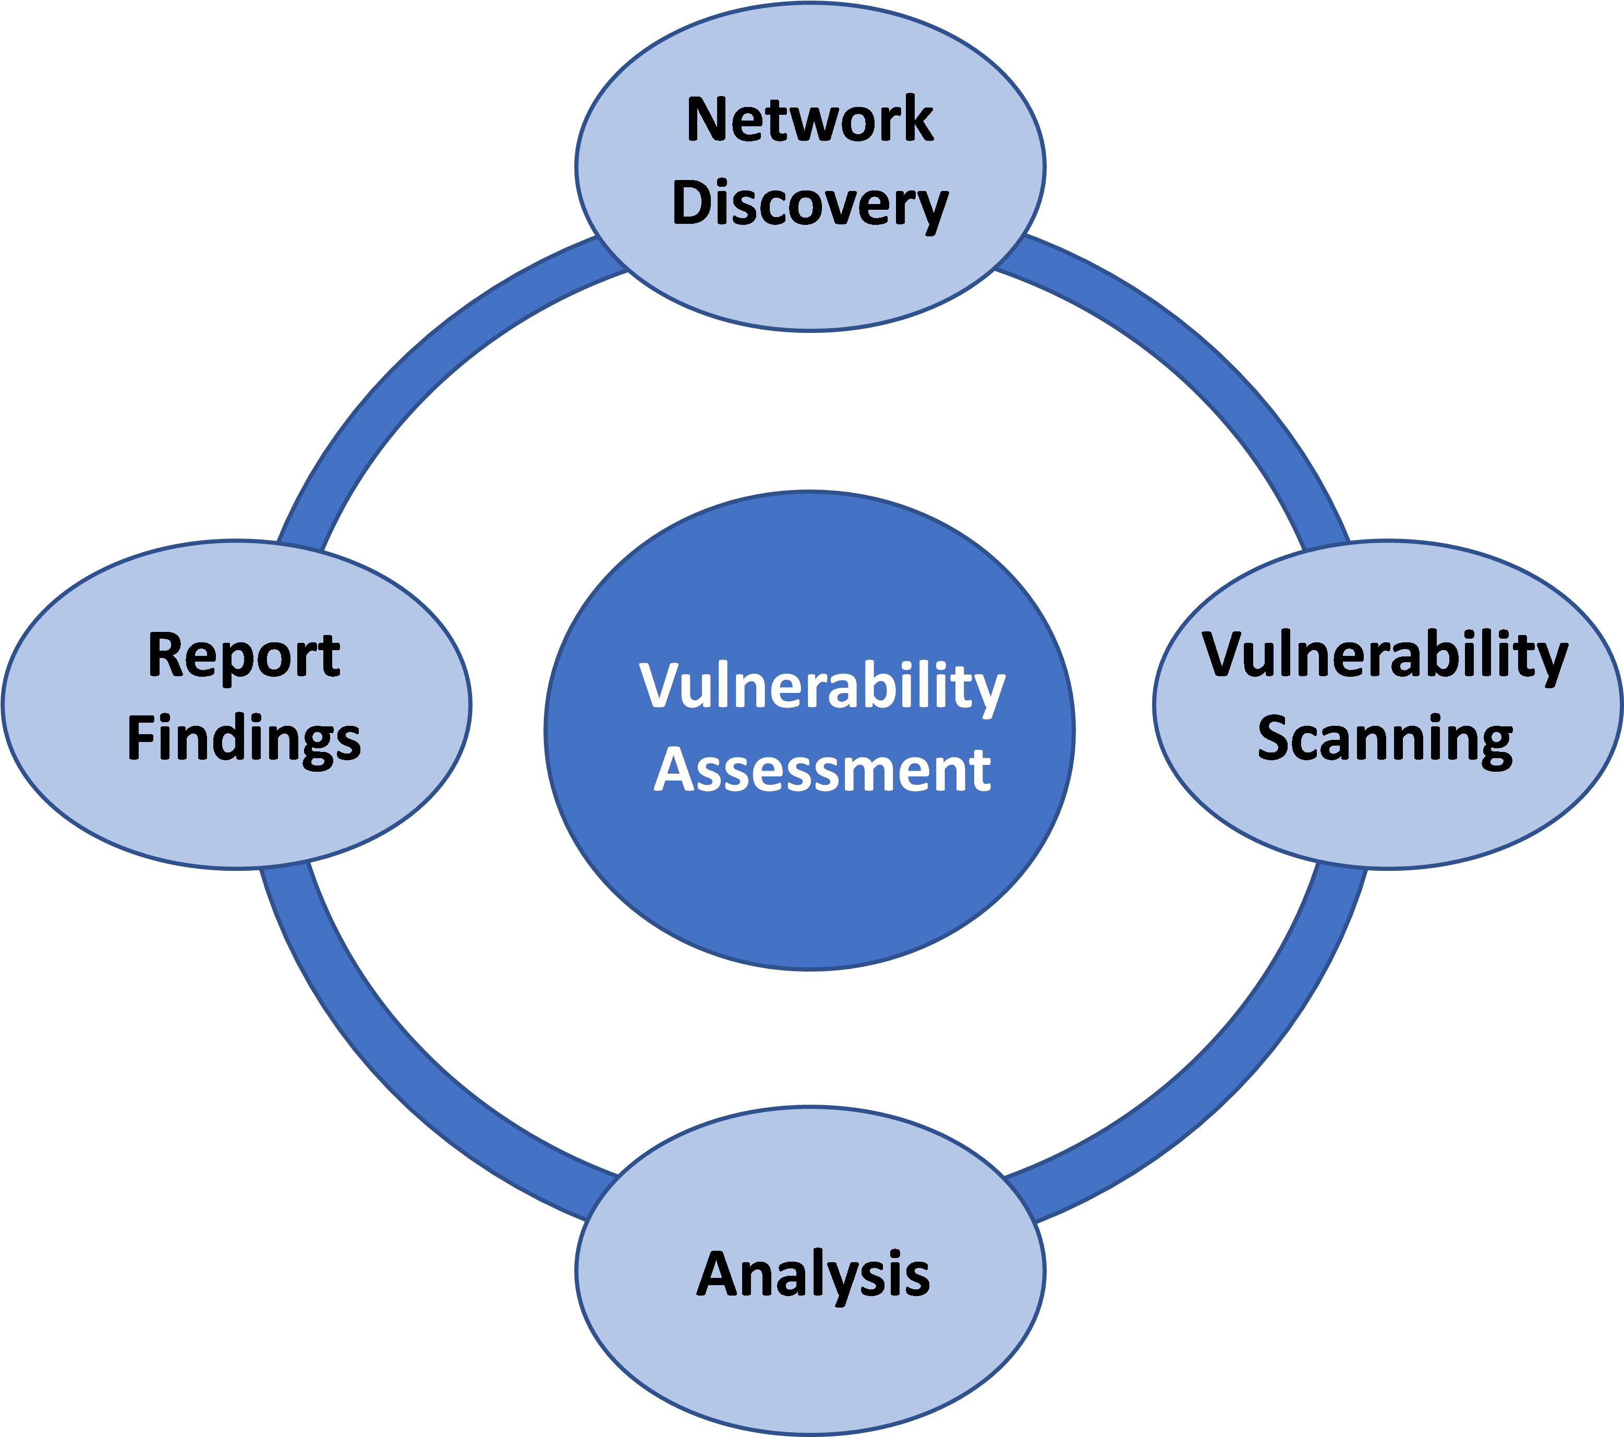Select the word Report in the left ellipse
(244, 656)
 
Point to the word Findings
(244, 739)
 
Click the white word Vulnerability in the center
(822, 687)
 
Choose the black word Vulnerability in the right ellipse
(1385, 656)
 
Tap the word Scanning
(1385, 739)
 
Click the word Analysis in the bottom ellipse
(813, 1274)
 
